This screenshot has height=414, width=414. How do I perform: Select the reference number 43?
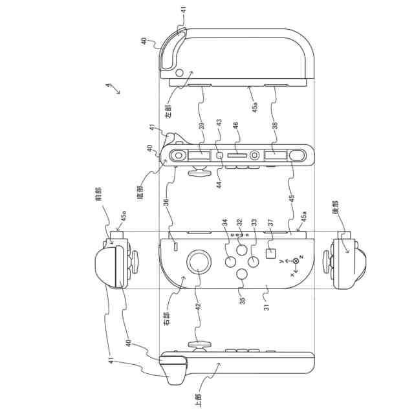pyautogui.click(x=219, y=122)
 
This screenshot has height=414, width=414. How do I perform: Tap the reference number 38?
pyautogui.click(x=276, y=127)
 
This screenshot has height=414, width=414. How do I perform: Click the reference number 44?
pyautogui.click(x=219, y=184)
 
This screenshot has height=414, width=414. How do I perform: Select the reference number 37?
pyautogui.click(x=270, y=223)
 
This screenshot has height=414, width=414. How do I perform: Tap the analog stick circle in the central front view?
pyautogui.click(x=199, y=263)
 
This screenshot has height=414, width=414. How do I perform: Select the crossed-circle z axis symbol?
pyautogui.click(x=296, y=260)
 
